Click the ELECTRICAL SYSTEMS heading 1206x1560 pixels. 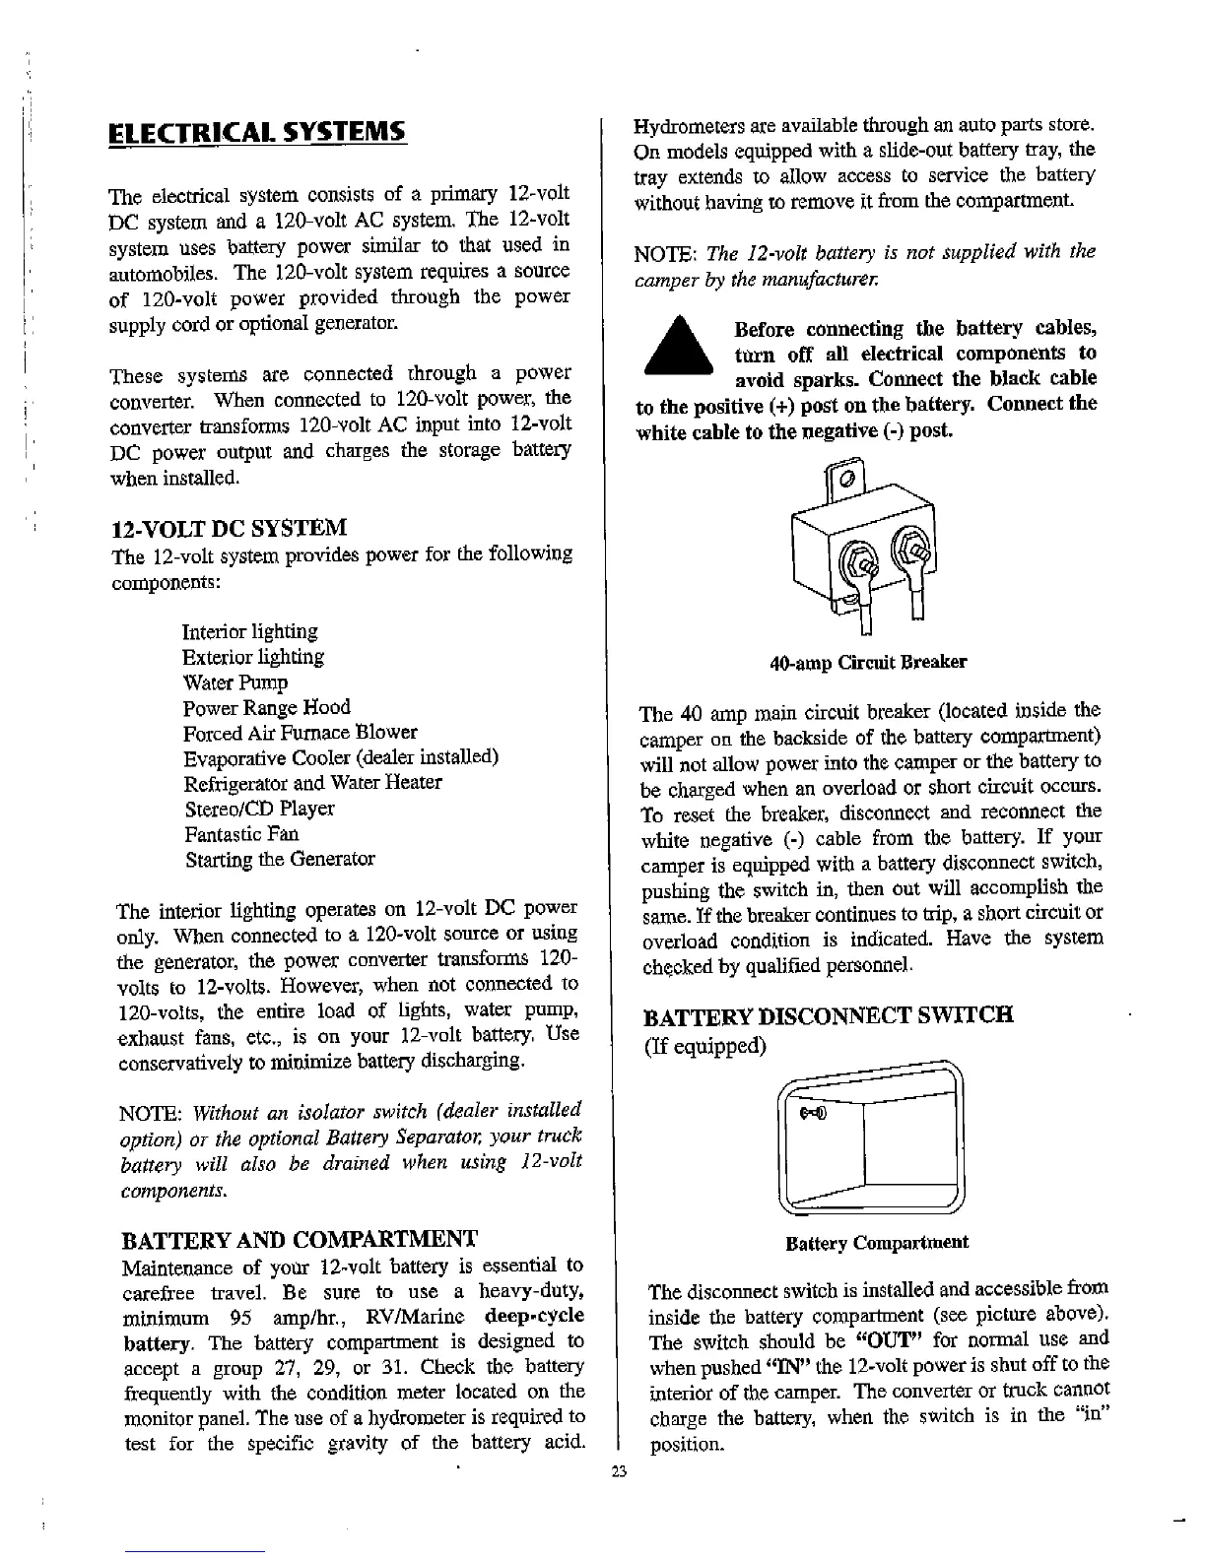256,132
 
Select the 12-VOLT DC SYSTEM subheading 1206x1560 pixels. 231,528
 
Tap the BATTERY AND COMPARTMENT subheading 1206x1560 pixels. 299,1238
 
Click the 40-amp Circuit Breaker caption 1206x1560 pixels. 867,662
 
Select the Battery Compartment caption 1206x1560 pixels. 877,1243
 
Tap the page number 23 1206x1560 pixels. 618,1473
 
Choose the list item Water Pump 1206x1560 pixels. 235,682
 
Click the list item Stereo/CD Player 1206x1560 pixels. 260,810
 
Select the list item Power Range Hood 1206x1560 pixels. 266,708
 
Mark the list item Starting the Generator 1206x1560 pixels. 280,860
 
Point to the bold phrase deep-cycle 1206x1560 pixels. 535,1317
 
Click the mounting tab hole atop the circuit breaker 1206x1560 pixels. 845,481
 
